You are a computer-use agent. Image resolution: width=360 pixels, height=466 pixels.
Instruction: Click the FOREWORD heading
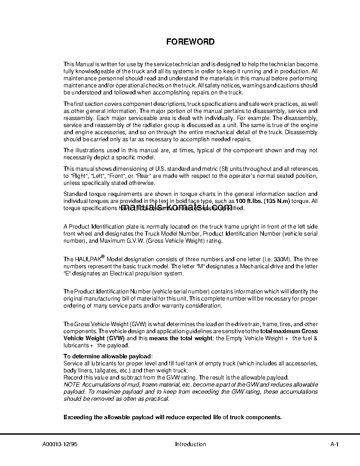tap(190, 42)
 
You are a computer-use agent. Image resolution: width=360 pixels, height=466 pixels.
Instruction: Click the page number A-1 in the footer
tap(334, 444)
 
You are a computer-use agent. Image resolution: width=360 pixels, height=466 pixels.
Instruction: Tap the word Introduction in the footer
tap(190, 444)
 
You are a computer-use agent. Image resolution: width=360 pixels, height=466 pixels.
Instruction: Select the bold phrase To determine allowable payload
tap(108, 356)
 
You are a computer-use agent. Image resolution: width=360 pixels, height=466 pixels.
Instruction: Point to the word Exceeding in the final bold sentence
tap(78, 417)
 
